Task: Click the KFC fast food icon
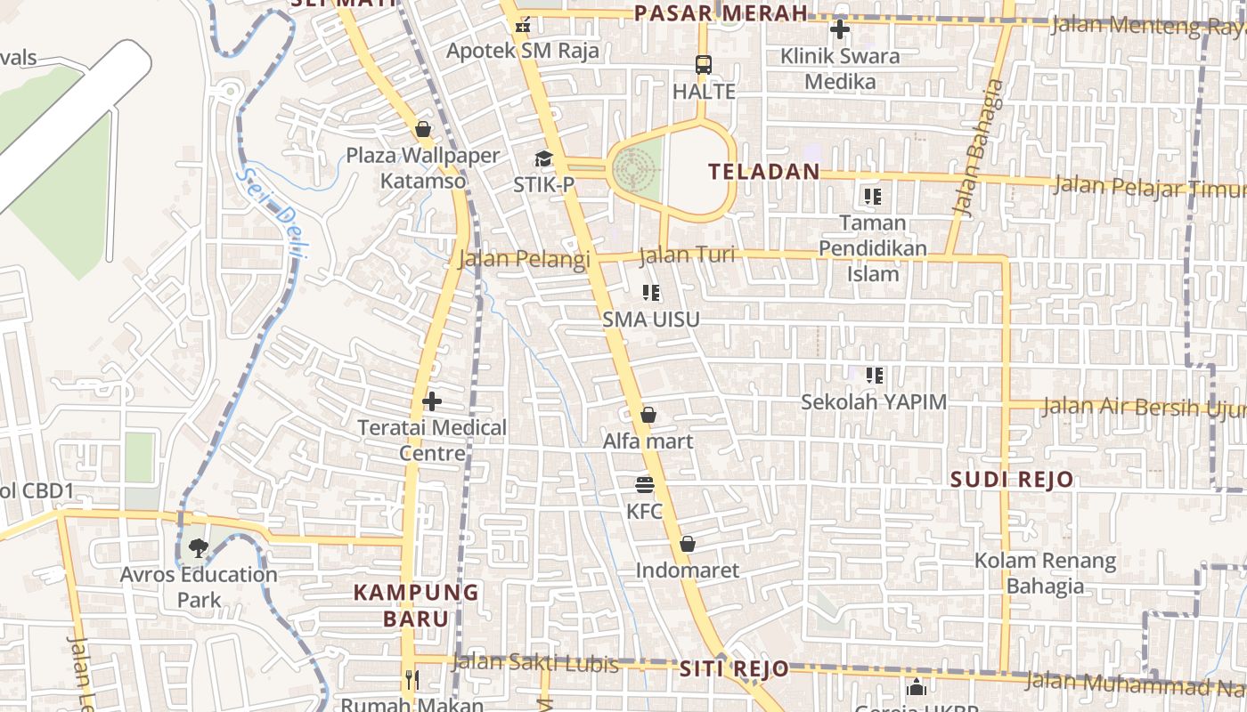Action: tap(645, 485)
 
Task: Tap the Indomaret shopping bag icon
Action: tap(688, 544)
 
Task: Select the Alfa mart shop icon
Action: tap(648, 415)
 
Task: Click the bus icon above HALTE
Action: tap(704, 65)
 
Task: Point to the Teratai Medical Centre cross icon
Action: tap(432, 401)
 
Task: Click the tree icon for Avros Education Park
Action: tap(198, 548)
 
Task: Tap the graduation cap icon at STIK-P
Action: tap(543, 159)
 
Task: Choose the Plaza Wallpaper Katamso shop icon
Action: tap(423, 129)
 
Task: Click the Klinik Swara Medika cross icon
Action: tap(839, 29)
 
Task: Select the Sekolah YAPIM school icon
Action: tap(874, 376)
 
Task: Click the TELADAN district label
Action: tap(764, 172)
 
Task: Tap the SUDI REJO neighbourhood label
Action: tap(1012, 480)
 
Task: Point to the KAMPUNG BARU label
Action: tap(416, 604)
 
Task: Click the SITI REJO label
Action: tap(734, 668)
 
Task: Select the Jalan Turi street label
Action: tap(688, 255)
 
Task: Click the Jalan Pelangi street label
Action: tap(524, 259)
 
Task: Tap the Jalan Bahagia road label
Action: tap(977, 148)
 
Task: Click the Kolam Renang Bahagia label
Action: tap(1045, 573)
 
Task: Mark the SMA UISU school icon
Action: tap(651, 293)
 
